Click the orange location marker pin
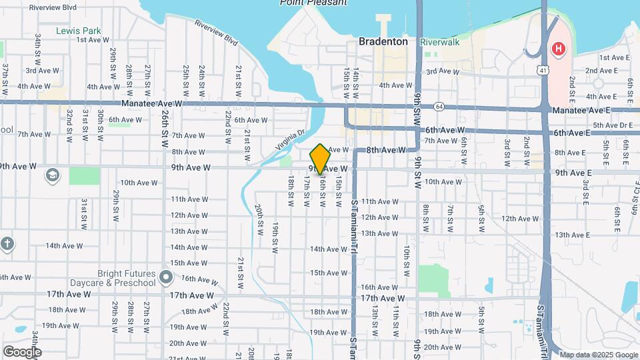[x=321, y=159]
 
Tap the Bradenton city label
[x=383, y=41]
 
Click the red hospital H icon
[x=558, y=49]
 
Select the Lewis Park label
[x=79, y=31]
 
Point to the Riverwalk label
[x=440, y=41]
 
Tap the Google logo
[x=22, y=352]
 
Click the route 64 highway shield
[x=438, y=106]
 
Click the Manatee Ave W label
[x=152, y=103]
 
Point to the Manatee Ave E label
[x=581, y=110]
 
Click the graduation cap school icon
[x=51, y=175]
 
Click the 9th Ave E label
[x=573, y=173]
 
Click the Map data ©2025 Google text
[x=598, y=355]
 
